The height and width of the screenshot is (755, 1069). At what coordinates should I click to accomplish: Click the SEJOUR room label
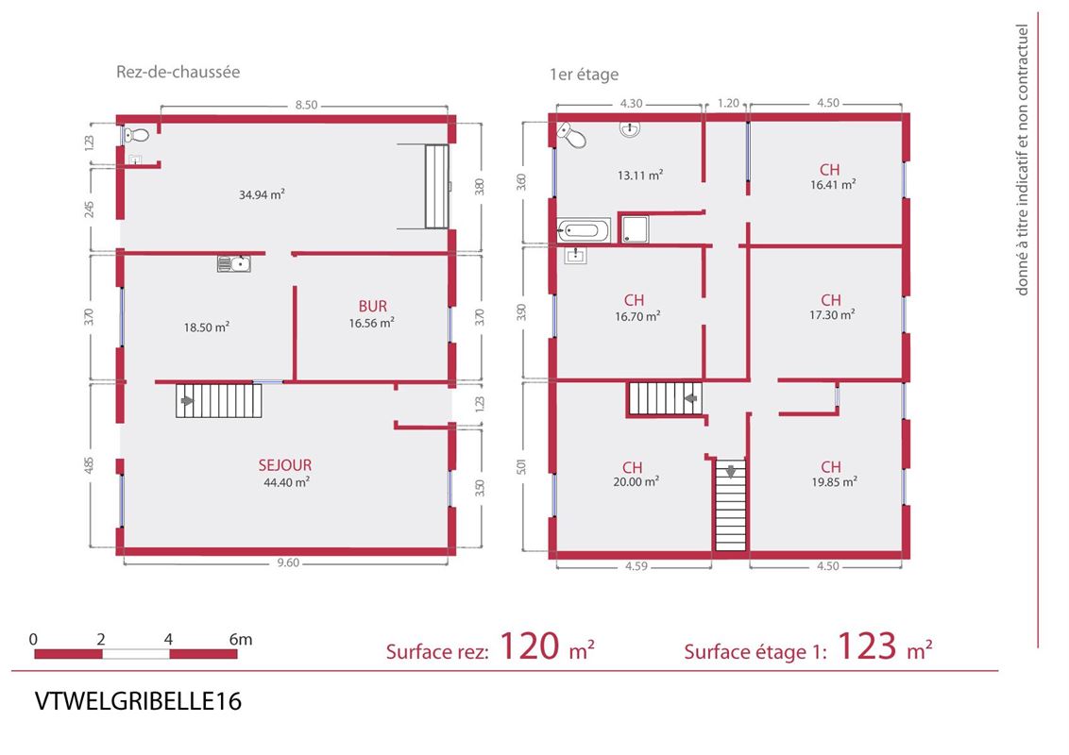[x=285, y=465]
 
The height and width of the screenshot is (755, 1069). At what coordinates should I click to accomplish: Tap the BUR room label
[x=372, y=307]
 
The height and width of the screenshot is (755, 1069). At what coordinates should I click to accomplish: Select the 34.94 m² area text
[x=262, y=194]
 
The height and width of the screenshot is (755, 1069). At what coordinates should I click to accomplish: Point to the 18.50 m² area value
[x=207, y=327]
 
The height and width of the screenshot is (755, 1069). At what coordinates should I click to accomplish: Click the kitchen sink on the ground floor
[x=234, y=263]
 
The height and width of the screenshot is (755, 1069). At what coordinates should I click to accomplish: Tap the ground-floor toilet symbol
[x=136, y=135]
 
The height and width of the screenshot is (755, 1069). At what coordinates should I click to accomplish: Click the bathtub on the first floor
[x=584, y=231]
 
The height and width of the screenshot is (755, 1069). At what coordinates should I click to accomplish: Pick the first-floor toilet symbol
[x=571, y=135]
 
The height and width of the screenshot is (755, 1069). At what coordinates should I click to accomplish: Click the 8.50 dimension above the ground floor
[x=306, y=105]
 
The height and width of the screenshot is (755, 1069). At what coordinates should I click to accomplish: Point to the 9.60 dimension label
[x=288, y=562]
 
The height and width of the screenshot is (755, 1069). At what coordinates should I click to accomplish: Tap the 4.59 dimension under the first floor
[x=636, y=565]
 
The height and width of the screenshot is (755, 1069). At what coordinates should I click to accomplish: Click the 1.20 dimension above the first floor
[x=728, y=103]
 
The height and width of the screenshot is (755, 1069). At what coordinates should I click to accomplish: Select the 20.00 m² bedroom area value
[x=636, y=481]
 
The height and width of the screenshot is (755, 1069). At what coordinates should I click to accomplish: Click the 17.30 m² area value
[x=832, y=315]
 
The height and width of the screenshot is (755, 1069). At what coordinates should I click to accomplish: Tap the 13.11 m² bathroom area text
[x=640, y=176]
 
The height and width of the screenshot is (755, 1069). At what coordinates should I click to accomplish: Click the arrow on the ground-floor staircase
[x=186, y=401]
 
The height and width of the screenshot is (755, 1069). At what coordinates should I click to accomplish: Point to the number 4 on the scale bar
[x=168, y=639]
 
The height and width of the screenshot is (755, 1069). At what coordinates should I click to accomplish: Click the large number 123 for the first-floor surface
[x=867, y=646]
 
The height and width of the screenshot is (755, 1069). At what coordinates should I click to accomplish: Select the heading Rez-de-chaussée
[x=178, y=72]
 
